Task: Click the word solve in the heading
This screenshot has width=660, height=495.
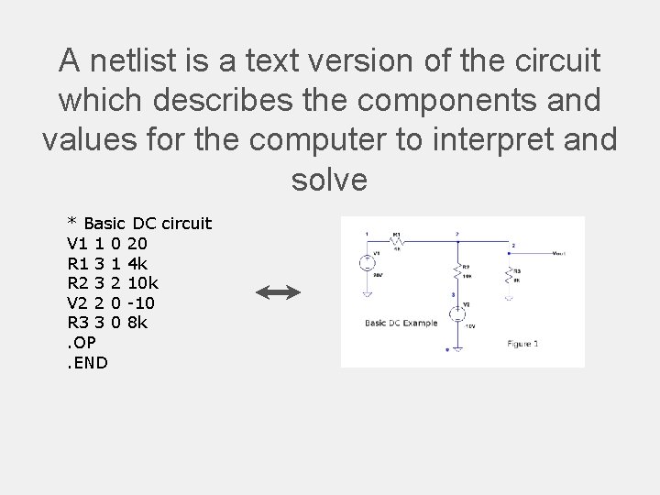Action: (x=329, y=179)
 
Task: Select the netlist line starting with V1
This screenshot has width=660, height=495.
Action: (x=106, y=243)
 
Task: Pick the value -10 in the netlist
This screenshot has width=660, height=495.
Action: (x=145, y=302)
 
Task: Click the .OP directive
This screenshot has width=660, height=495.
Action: (x=83, y=343)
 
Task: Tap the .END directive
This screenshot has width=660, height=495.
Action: (x=88, y=362)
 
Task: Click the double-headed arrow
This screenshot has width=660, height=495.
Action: (x=279, y=292)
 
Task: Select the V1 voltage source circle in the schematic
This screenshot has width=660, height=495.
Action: (x=365, y=263)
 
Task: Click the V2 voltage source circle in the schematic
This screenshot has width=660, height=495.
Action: (x=456, y=316)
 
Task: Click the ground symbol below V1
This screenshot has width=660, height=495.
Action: (x=365, y=295)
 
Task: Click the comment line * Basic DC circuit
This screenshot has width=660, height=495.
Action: (x=139, y=224)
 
